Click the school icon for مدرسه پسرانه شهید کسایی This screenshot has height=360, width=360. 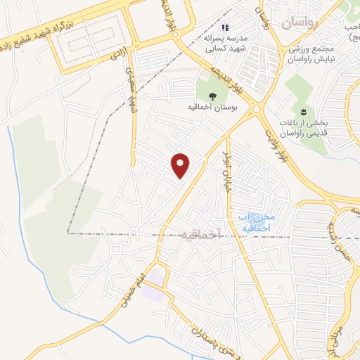pyautogui.click(x=225, y=28)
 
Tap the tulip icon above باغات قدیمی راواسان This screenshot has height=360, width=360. pyautogui.click(x=303, y=112)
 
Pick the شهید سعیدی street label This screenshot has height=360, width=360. pyautogui.click(x=131, y=89)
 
